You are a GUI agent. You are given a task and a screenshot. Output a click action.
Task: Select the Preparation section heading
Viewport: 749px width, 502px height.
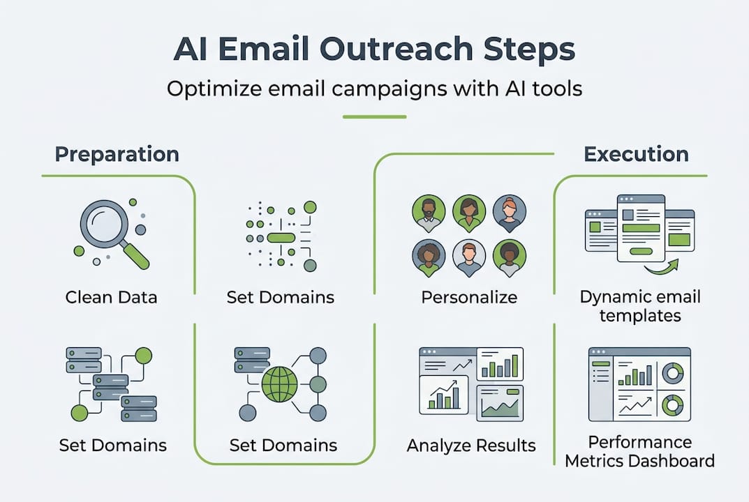click(x=117, y=154)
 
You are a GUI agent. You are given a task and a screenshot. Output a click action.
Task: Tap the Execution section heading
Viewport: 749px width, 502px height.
click(x=636, y=154)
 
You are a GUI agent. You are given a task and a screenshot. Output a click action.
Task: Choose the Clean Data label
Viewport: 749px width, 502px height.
click(x=111, y=297)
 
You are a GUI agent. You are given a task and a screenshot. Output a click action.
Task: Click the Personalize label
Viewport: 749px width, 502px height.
click(x=469, y=297)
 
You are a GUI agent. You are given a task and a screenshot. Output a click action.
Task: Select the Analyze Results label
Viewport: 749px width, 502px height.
click(x=471, y=445)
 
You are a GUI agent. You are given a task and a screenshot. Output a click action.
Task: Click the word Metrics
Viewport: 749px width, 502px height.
click(x=597, y=460)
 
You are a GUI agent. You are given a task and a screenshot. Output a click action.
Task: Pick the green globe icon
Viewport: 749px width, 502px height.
click(x=279, y=383)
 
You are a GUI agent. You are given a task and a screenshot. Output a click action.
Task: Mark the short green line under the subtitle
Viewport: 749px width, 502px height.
click(x=374, y=116)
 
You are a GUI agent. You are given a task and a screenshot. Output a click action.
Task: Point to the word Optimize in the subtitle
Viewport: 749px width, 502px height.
click(x=212, y=89)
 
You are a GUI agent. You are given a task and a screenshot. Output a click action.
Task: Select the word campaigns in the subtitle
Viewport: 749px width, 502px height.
click(x=385, y=89)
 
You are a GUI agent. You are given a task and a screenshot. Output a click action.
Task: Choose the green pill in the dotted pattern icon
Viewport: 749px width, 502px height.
click(x=281, y=238)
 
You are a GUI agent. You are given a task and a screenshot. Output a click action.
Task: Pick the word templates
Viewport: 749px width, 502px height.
click(x=640, y=315)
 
